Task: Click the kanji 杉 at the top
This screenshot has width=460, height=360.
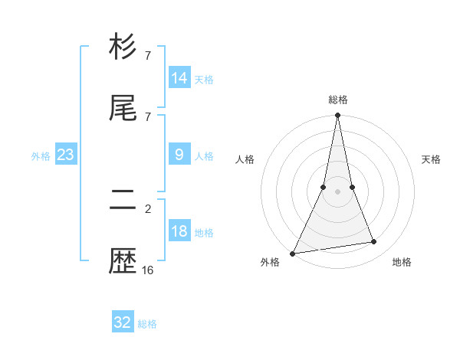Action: [x=123, y=47]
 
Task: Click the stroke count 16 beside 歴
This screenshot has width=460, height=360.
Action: [x=148, y=270]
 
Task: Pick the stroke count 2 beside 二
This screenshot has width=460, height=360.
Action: [x=148, y=208]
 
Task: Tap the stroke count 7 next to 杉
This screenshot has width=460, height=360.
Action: [x=148, y=55]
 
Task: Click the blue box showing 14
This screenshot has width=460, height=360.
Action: [x=179, y=78]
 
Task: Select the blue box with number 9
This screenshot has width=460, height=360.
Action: [x=179, y=155]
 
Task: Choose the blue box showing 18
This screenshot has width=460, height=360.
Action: [x=179, y=232]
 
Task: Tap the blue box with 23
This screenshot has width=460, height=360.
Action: [x=66, y=155]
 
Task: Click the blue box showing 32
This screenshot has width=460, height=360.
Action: [x=123, y=322]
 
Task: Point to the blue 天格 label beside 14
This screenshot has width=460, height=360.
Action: [x=204, y=79]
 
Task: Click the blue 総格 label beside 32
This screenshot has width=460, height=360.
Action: [x=147, y=324]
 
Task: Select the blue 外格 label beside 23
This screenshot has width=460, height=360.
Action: [x=41, y=155]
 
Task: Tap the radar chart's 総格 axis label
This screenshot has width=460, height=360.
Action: [x=338, y=100]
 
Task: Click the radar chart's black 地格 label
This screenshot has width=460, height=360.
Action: [x=402, y=262]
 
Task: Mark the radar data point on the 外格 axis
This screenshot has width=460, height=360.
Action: [x=293, y=254]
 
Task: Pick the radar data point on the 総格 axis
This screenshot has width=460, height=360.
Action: [x=338, y=116]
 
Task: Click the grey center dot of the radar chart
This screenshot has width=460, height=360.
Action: [x=338, y=191]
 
